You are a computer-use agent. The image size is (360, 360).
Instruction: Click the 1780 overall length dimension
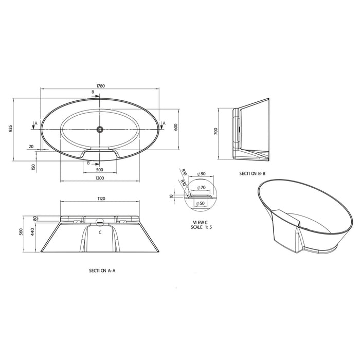pyautogui.click(x=100, y=86)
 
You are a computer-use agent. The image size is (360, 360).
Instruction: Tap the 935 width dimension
pyautogui.click(x=11, y=129)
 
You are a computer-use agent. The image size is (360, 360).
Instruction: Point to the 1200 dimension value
pyautogui.click(x=100, y=178)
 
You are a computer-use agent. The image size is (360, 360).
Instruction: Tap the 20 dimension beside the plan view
pyautogui.click(x=31, y=147)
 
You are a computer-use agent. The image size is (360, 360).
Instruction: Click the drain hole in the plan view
pyautogui.click(x=100, y=129)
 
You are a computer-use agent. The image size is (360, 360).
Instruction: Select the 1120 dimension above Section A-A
pyautogui.click(x=101, y=198)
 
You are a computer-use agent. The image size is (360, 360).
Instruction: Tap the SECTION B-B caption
pyautogui.click(x=253, y=173)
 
